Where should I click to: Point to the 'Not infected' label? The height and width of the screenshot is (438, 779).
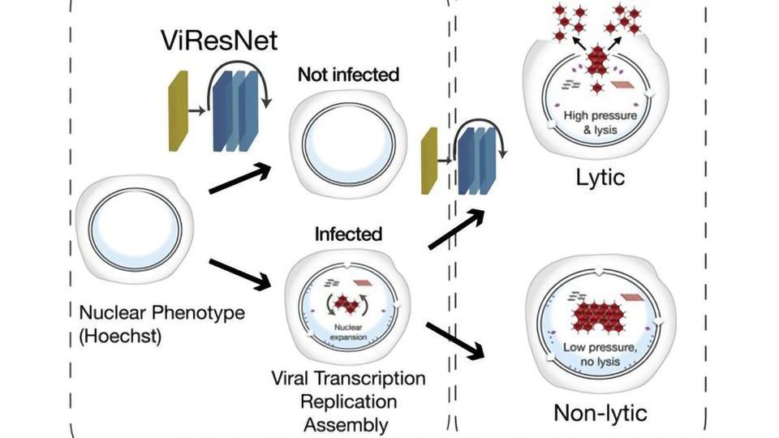pos(348,75)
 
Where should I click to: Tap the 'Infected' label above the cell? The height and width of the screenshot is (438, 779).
pos(348,234)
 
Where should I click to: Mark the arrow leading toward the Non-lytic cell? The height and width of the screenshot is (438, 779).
pos(454,339)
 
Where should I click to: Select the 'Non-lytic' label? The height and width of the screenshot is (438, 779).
pos(600,413)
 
